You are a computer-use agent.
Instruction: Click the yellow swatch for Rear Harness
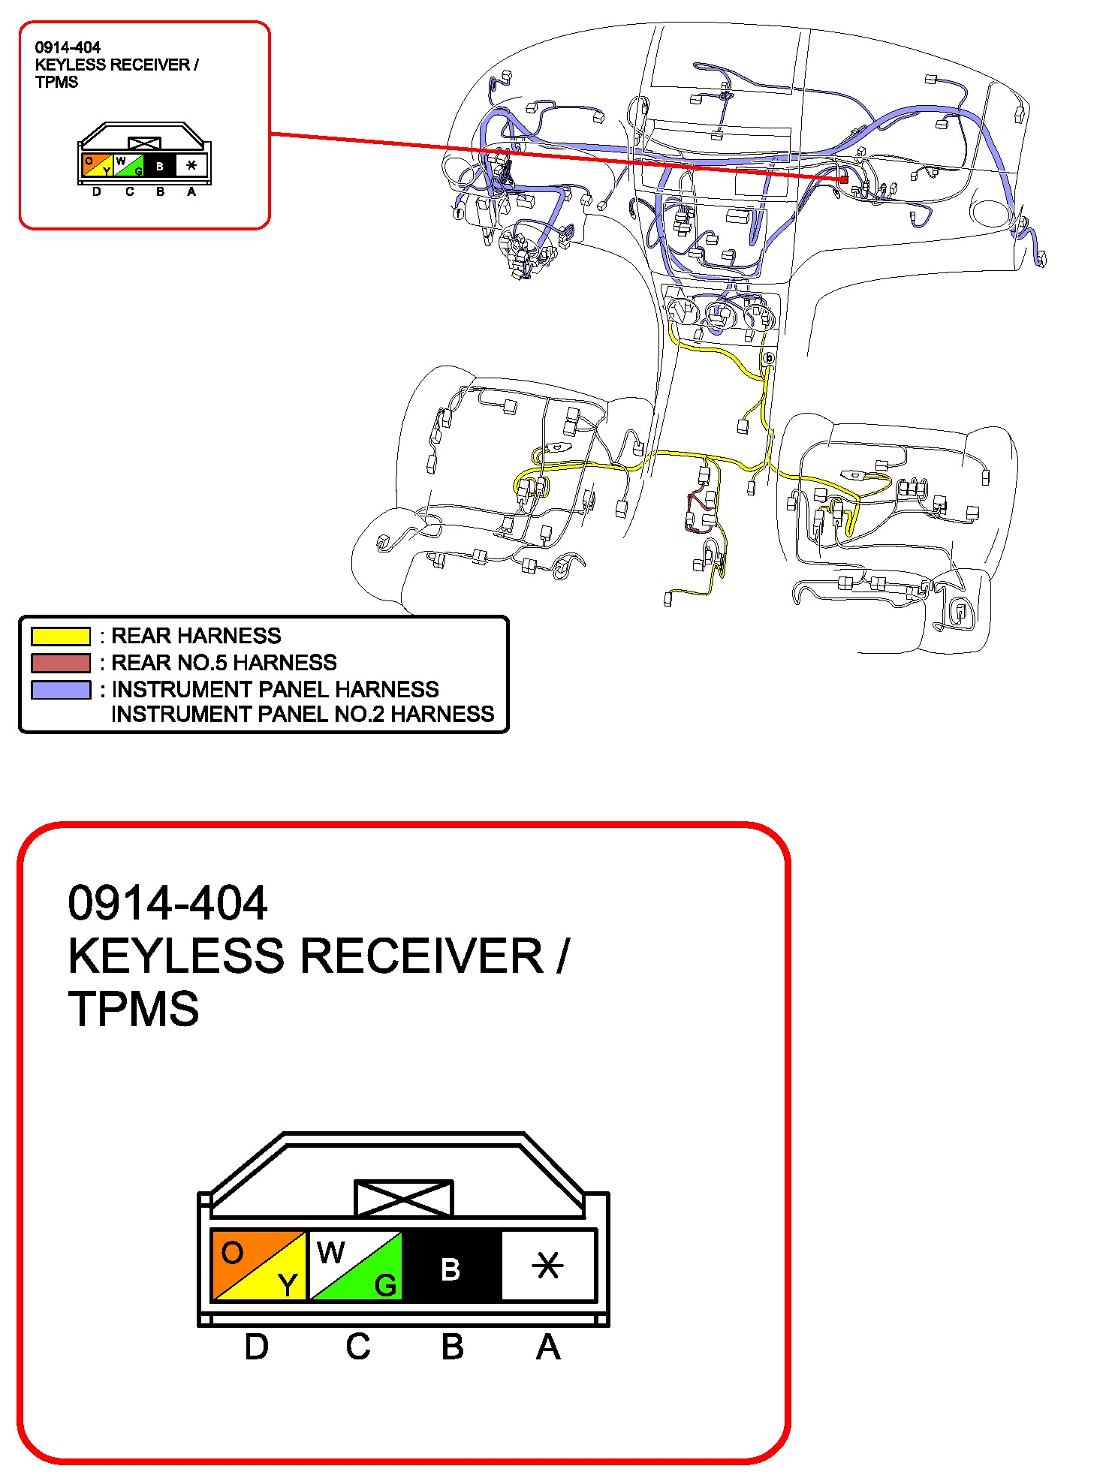(61, 637)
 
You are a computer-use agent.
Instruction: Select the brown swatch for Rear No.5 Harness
(61, 663)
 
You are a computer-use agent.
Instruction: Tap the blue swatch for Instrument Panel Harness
(61, 690)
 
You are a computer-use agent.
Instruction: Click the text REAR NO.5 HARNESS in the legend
(224, 663)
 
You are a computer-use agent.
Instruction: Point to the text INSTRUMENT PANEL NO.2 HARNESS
(303, 714)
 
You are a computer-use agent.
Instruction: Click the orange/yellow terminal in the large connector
(259, 1265)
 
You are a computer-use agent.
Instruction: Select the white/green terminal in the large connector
(355, 1265)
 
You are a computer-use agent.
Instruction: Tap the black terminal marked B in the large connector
(451, 1265)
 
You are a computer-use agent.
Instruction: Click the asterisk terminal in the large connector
(548, 1265)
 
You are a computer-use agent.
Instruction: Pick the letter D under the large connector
(257, 1347)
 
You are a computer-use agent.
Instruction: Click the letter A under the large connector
(548, 1347)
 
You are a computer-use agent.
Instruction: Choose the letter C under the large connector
(358, 1347)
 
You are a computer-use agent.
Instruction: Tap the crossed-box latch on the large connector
(404, 1198)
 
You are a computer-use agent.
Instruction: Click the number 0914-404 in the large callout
(167, 902)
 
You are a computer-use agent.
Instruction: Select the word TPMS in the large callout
(134, 1008)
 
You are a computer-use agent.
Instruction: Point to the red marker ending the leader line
(844, 179)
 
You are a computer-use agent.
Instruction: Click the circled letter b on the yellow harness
(768, 358)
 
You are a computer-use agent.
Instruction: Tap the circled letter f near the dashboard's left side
(458, 214)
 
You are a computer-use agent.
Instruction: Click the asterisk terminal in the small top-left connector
(191, 165)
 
